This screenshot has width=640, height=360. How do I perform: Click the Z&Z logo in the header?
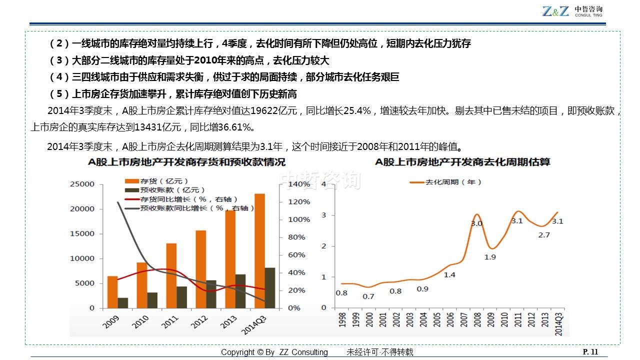coord(555,11)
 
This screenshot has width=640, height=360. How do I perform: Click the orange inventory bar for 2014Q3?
coord(259,250)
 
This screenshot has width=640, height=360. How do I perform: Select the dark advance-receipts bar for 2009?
coord(122,302)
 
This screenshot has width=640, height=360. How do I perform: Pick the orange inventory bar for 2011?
coord(171,275)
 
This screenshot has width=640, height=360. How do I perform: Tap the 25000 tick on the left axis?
coord(82,184)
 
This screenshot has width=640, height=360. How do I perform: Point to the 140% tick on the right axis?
coord(299,184)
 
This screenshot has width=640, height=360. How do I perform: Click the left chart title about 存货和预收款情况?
coord(186,162)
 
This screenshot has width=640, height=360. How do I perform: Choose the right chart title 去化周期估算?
coord(462,162)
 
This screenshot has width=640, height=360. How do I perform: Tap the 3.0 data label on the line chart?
coord(476,223)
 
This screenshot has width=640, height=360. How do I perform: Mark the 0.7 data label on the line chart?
coord(368,296)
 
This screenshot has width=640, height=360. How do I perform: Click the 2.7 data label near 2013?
coord(544,235)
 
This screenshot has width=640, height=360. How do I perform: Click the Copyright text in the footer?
coord(274,352)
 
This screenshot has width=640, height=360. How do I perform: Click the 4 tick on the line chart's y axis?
coord(324,184)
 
